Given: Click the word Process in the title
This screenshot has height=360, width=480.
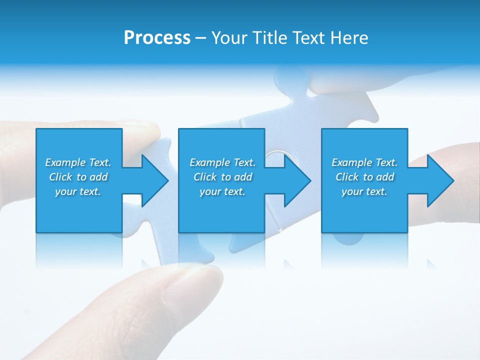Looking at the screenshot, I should point(157,38).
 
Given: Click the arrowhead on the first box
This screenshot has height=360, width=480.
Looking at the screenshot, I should point(155,180).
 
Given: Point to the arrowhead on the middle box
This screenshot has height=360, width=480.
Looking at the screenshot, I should point(297,180).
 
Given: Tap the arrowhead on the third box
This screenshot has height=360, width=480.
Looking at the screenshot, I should point(440,180).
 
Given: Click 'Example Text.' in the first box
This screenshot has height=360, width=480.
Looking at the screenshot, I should point(78,162).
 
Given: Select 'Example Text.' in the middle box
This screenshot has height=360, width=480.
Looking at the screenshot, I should point(222,162).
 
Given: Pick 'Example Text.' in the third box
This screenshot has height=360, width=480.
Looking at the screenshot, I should point(364,162).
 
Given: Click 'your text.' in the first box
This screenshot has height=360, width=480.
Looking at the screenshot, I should point(78,191).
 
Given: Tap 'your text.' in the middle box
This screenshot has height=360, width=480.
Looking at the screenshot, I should point(222,191).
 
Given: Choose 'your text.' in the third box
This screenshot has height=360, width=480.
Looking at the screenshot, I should point(364,191).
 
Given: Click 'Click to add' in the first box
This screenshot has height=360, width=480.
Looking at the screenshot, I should point(78,177).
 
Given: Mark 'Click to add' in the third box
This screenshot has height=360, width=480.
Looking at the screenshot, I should point(364,177).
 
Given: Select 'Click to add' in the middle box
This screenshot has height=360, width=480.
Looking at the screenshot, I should point(222,177).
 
